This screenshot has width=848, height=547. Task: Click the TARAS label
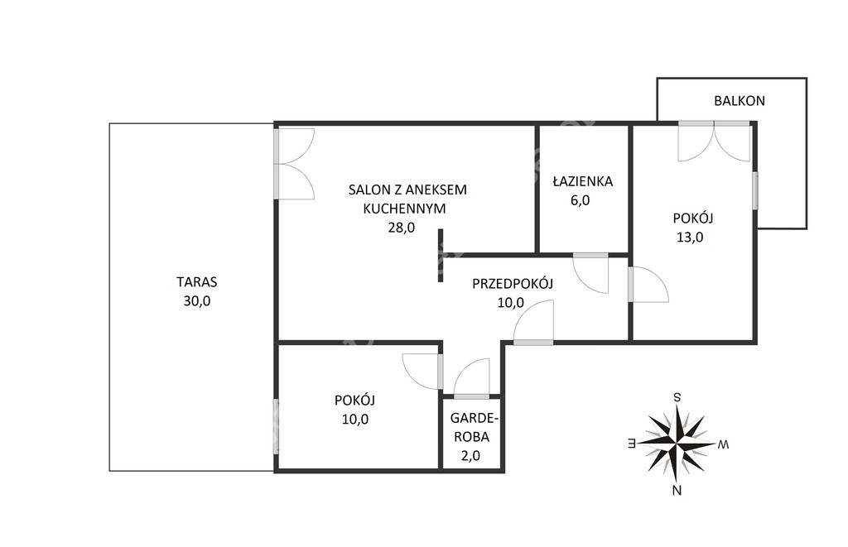point(197,281)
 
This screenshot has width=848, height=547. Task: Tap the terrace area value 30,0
point(197,301)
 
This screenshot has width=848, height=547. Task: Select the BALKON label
point(740,100)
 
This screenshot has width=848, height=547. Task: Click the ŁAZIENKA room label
point(582,180)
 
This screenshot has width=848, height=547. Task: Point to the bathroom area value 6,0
point(580,200)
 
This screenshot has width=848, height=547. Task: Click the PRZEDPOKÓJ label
point(513,283)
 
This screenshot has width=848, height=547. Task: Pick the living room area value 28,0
point(402,228)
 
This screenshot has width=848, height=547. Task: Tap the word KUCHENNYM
point(404,209)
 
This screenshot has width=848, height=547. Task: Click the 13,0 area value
point(690,237)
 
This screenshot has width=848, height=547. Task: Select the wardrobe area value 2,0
point(470,456)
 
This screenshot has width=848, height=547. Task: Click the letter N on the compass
point(677,491)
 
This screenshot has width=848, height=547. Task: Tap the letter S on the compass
point(677,397)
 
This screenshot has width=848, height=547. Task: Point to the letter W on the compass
point(723,444)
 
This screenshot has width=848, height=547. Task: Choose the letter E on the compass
point(630,444)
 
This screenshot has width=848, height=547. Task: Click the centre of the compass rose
point(677,444)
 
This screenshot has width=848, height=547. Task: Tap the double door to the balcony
point(715,142)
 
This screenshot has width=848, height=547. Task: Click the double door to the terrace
point(294,164)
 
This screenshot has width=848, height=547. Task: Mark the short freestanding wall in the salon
point(441,255)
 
